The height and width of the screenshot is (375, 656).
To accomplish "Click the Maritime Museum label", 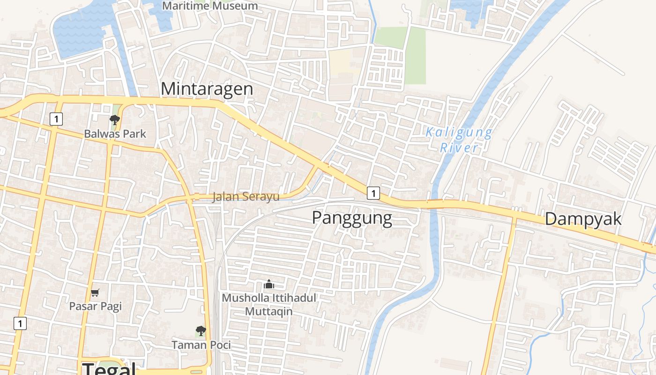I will coord(210,6).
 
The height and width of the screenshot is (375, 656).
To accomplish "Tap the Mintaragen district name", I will coord(207,89).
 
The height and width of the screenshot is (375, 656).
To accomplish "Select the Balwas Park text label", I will coord(115,134).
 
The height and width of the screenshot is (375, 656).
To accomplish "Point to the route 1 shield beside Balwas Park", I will coord(56,119).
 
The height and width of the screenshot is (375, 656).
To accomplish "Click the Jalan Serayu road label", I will coord(246,196).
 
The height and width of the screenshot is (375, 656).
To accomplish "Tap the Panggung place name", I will coord(351,218).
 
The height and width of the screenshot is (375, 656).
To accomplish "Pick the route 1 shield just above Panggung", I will coord(373,193).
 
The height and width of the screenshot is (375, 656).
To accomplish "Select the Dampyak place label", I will coord(583,219).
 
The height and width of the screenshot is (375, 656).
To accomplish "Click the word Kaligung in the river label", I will coord(459,133).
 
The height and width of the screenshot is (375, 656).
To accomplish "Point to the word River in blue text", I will coord(459,148).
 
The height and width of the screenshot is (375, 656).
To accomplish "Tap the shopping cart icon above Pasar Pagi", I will coord(95,293).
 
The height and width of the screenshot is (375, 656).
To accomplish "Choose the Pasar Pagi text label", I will coord(95,306).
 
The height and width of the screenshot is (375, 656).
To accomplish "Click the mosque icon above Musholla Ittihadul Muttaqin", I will coord(268,284).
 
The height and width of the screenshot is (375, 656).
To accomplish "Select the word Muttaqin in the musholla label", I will coord(269,311).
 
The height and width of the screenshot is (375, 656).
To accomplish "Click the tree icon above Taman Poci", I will coord(201,331).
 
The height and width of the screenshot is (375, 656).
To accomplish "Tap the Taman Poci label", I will coord(201,345).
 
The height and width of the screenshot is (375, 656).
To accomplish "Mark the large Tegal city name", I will coord(109,368).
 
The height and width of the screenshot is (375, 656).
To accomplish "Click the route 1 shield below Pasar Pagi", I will coord(20,323).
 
